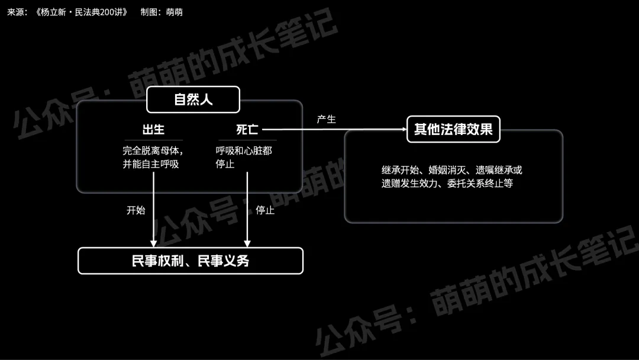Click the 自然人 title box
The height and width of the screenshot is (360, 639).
point(193,99)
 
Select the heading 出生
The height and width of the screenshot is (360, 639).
point(153,130)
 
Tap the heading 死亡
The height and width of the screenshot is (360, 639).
point(247,130)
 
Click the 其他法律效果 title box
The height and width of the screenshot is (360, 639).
point(453,129)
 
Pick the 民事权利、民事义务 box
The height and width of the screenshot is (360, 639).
point(191,261)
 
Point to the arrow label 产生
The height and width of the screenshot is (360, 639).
point(326,120)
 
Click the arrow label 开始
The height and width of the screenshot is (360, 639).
point(135,210)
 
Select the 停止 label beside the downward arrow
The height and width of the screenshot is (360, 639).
point(264,210)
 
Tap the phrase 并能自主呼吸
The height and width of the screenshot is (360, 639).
point(150,164)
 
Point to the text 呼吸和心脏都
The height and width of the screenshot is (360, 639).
point(244,150)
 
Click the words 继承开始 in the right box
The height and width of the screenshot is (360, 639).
point(401,170)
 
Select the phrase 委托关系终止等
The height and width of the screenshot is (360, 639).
point(480,184)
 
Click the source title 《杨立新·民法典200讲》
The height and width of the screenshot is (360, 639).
point(81,12)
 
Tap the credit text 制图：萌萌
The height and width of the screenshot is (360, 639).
point(162,12)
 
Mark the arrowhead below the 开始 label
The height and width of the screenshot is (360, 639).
point(154,243)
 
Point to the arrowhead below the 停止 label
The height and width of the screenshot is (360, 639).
point(247,243)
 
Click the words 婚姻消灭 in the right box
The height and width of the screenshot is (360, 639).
point(448,170)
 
